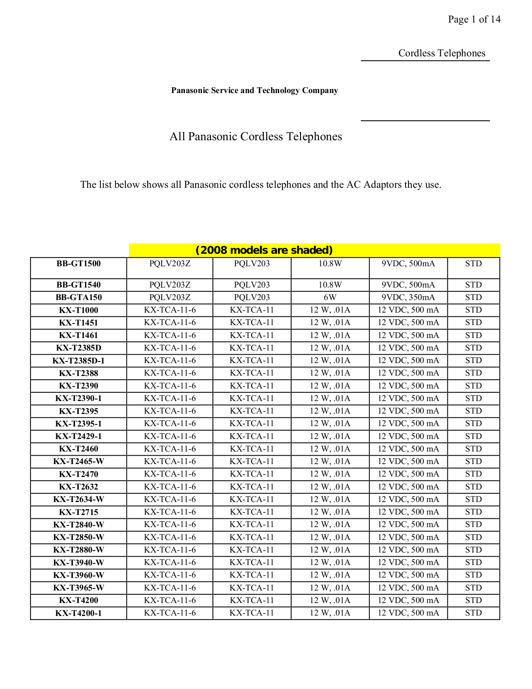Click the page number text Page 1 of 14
coord(474,19)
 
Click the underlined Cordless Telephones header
coord(441,53)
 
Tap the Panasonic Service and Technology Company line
coord(255,91)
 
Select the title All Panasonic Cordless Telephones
coord(255,136)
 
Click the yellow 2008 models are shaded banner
coord(264,250)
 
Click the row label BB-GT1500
coord(78,264)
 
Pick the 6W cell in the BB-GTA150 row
coord(330,298)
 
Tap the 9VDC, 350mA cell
coord(408,298)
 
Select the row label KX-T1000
coord(78,310)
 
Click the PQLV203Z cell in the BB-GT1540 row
coord(170,285)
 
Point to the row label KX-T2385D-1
coord(78,361)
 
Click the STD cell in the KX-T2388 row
coord(473,373)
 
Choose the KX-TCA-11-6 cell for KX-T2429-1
coord(170,436)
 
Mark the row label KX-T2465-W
coord(78,462)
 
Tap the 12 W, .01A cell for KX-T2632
coord(330,487)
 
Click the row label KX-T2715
coord(78,512)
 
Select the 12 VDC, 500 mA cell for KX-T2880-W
coord(408,550)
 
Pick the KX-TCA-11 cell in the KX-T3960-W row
coord(252,575)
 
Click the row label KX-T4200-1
coord(78,613)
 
